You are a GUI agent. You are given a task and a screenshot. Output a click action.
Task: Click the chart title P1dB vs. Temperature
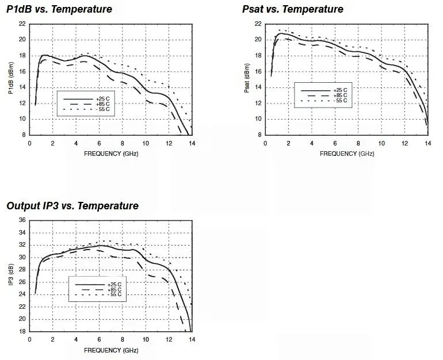[59, 9]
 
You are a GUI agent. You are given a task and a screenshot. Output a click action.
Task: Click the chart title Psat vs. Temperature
[293, 9]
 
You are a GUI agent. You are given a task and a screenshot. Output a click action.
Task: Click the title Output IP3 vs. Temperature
[72, 206]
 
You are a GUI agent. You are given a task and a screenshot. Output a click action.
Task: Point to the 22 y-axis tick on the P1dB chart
[22, 24]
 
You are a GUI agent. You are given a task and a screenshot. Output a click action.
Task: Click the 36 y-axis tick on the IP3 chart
[22, 220]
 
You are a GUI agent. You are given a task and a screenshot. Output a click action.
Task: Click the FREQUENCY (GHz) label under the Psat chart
[347, 154]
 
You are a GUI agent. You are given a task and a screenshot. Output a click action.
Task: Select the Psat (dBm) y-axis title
[246, 78]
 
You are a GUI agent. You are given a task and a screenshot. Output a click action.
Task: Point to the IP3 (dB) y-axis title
[10, 276]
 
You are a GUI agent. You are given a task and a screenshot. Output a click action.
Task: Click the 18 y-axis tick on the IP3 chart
[22, 331]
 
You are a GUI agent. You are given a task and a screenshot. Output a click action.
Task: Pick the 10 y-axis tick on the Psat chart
[258, 119]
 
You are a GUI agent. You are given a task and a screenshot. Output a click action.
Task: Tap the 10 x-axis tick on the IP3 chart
[146, 339]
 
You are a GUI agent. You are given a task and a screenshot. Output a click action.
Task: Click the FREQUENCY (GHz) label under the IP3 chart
[111, 350]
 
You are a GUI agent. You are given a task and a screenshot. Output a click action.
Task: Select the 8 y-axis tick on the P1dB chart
[23, 135]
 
